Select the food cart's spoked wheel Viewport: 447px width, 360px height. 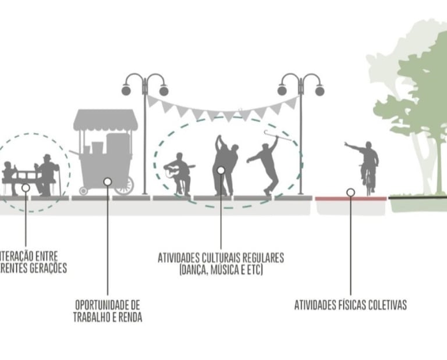coord(124,186)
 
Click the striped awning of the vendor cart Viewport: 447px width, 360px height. coord(105,120)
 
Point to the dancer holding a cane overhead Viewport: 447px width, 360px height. coord(267,163)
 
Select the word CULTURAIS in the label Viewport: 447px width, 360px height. coord(237,257)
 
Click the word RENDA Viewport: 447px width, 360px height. coord(129,318)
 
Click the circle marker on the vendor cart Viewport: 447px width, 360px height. coord(108,181)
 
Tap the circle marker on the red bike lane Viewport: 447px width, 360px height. coord(350,192)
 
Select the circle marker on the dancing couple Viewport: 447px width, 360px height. coord(221,170)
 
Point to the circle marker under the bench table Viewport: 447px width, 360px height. coord(26,188)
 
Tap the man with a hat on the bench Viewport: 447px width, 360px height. coord(47,174)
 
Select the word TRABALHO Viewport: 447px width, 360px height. coord(93,318)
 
